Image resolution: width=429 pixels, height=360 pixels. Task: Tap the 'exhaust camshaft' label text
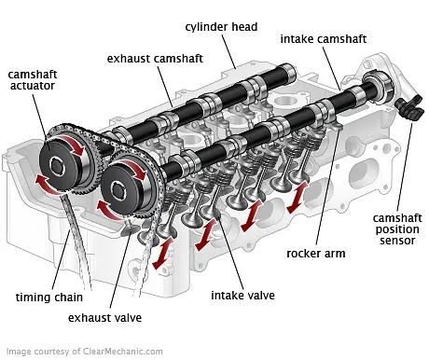coord(156,58)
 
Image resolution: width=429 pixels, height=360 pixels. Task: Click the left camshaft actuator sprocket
coord(62,169)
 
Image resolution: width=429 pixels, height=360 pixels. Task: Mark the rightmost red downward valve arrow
coord(294,200)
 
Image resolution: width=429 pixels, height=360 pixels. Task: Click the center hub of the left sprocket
coord(62,169)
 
